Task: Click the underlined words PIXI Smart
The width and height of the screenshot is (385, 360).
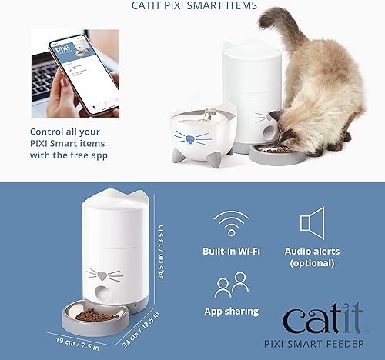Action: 62,143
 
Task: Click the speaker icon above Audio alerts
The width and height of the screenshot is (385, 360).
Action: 312,224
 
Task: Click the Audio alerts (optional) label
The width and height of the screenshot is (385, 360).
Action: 312,257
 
